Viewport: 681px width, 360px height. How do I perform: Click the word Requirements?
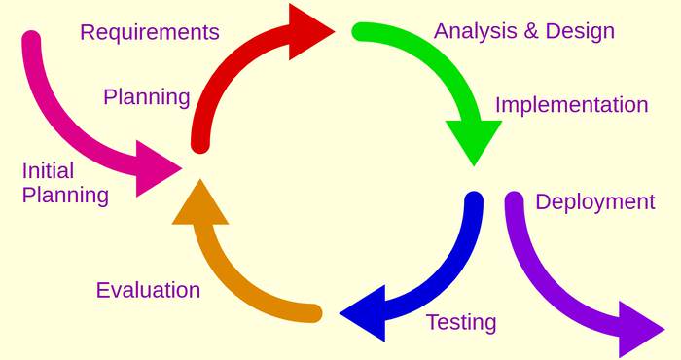pyautogui.click(x=149, y=33)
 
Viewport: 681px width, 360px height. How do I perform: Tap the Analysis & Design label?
pyautogui.click(x=523, y=31)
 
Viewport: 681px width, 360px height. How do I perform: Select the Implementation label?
pyautogui.click(x=571, y=105)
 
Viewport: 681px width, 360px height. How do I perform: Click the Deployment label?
pyautogui.click(x=594, y=202)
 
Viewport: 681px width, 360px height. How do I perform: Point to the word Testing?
pyautogui.click(x=460, y=322)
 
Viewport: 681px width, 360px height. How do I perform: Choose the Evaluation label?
pyautogui.click(x=148, y=290)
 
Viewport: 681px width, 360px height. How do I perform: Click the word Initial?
pyautogui.click(x=48, y=171)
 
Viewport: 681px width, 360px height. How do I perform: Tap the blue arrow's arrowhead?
pyautogui.click(x=366, y=311)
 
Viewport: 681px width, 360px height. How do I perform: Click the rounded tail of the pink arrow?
pyautogui.click(x=31, y=41)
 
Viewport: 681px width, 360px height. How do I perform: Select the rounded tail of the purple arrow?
pyautogui.click(x=515, y=200)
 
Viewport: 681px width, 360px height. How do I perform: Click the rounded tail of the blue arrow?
pyautogui.click(x=474, y=200)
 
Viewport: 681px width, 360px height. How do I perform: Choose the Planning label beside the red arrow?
pyautogui.click(x=146, y=97)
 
